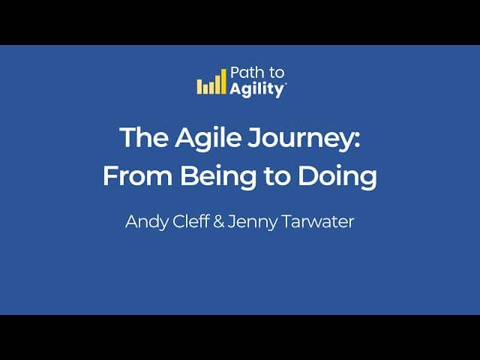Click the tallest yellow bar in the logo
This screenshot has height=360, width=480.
(x=223, y=81)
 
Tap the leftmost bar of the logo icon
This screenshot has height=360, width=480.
(x=199, y=86)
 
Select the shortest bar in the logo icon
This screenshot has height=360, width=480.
(x=205, y=88)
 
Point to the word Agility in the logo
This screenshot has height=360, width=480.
(x=257, y=89)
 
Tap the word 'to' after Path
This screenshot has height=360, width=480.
(x=276, y=73)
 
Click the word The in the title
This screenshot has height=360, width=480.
(x=144, y=137)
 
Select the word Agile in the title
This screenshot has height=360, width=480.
(x=208, y=139)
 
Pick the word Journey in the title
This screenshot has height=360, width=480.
(x=300, y=139)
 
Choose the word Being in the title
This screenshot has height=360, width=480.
(x=218, y=177)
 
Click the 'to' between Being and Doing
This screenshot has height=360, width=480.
(x=277, y=177)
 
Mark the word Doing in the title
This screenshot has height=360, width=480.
(x=337, y=177)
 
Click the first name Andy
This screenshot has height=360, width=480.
(x=147, y=222)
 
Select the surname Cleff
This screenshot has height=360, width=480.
(x=191, y=221)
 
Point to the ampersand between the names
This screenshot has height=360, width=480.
(x=218, y=221)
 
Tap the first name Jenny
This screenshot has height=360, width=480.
(x=253, y=222)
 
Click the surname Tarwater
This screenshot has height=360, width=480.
(x=318, y=221)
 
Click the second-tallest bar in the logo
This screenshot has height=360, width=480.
(x=217, y=84)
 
